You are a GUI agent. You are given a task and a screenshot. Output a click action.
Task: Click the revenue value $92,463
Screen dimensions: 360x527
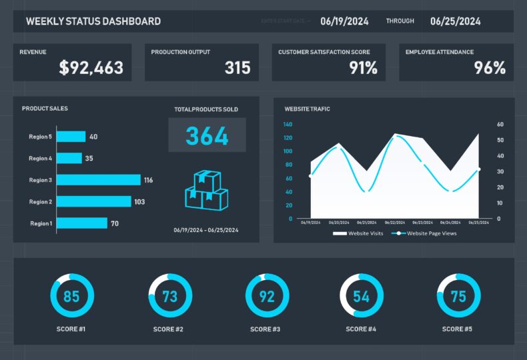[x=91, y=67]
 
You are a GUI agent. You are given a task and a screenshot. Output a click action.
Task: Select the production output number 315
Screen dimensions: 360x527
[x=237, y=67]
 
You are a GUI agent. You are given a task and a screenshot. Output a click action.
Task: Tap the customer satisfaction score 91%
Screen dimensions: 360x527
[x=363, y=67]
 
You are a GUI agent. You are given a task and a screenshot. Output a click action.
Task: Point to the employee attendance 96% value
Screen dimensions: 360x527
[x=490, y=67]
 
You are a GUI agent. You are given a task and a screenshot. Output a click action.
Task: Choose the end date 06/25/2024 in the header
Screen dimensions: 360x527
[x=456, y=21]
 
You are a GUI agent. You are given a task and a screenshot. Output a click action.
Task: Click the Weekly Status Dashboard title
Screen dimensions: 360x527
[x=93, y=21]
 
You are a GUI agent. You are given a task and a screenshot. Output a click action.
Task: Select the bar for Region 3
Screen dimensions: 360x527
[x=99, y=180]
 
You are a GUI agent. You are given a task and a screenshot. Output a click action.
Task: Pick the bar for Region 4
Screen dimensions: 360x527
[x=69, y=159]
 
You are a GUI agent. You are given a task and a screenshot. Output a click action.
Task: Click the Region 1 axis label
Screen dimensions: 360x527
[x=40, y=223]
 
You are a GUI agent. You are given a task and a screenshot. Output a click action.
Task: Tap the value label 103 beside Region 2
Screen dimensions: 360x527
[x=139, y=201]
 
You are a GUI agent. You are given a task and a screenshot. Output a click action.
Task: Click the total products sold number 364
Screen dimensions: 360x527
[x=207, y=135]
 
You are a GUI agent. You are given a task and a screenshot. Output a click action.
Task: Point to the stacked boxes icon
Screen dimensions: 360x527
[x=206, y=191]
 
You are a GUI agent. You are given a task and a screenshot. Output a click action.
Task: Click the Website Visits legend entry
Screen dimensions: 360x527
[x=358, y=233]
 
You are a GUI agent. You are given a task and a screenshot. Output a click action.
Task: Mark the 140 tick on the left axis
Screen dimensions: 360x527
[x=288, y=125]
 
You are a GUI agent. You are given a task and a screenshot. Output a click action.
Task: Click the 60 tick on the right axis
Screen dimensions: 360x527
[x=500, y=125]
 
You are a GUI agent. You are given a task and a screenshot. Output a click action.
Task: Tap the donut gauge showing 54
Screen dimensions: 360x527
[x=361, y=295]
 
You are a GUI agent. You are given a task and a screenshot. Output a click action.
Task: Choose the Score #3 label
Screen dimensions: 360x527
[x=267, y=329]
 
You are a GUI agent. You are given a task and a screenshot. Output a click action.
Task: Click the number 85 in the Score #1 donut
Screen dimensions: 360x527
[x=72, y=295]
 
